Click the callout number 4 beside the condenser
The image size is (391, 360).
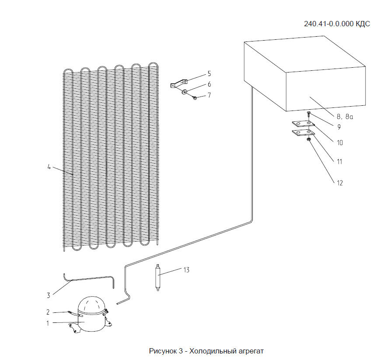coord(49,166)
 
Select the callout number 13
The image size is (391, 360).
coord(186,270)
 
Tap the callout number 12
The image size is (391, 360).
coord(339,183)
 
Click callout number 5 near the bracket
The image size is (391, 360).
coord(209,73)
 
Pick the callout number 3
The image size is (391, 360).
coord(49,295)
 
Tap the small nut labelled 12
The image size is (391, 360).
coord(309,139)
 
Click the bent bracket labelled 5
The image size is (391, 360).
coord(179,83)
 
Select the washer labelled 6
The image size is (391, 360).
coord(185,92)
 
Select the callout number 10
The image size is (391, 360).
coord(339,142)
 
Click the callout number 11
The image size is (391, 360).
coord(339,161)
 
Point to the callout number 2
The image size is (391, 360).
coord(49,312)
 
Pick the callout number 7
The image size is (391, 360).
coord(209,95)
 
